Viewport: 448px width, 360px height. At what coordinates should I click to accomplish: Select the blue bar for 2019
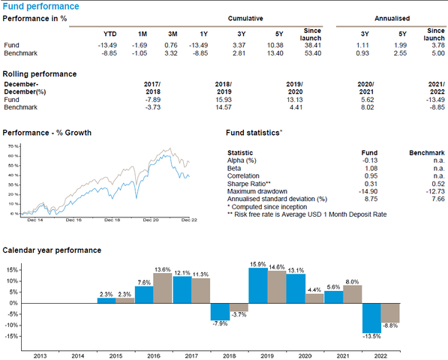click(257, 286)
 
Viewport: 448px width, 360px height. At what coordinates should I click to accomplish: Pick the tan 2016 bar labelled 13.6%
click(162, 288)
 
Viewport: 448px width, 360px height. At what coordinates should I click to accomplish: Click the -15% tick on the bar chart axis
click(14, 336)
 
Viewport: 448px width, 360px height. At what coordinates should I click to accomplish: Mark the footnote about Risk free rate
click(296, 214)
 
